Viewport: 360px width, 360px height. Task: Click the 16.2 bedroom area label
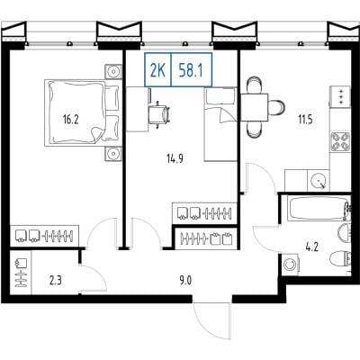[x=71, y=120]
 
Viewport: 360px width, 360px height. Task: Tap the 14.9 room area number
[x=175, y=158]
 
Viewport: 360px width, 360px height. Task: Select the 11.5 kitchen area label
[x=305, y=120]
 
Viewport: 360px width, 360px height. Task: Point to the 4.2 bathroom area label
[x=312, y=247]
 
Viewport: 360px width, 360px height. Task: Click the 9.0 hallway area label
[x=186, y=281]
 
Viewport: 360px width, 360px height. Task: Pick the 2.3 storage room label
[x=56, y=281]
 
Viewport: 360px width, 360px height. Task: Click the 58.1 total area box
[x=192, y=69]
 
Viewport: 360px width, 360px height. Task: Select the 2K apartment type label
[x=157, y=69]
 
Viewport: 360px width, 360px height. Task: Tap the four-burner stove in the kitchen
[x=340, y=141]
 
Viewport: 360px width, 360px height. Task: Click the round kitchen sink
[x=318, y=181]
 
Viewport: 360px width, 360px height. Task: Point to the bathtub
[x=319, y=208]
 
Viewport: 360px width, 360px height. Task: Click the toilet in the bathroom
[x=340, y=257]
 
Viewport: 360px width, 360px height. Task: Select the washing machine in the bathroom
[x=291, y=265]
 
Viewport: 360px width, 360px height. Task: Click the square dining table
[x=255, y=107]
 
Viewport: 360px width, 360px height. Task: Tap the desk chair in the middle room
[x=159, y=114]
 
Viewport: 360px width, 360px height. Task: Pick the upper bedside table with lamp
[x=113, y=71]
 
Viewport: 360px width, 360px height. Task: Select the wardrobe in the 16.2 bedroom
[x=45, y=236]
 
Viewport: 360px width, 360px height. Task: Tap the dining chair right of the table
[x=276, y=107]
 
